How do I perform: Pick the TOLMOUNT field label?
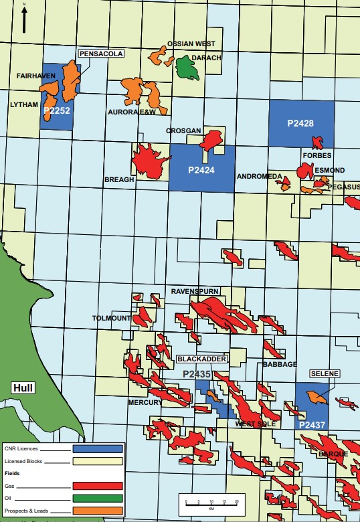pos(111,318)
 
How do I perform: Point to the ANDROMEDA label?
pos(257,177)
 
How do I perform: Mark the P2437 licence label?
pos(312,425)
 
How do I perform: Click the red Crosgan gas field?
pos(213,139)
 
